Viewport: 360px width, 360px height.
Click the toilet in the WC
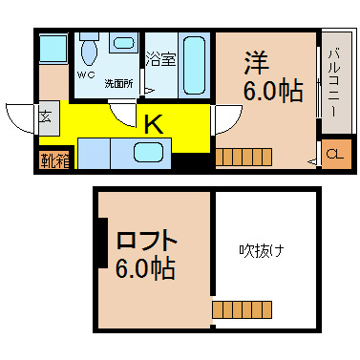coord(89,50)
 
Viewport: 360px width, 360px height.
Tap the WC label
coord(86,75)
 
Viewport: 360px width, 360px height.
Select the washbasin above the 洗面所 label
coord(124,43)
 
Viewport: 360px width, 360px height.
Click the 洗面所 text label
coord(119,84)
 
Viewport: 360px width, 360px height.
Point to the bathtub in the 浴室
coord(195,65)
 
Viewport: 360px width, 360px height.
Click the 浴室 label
coord(160,59)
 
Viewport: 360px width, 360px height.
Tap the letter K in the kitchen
coord(154,124)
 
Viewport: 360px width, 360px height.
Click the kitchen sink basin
coord(149,152)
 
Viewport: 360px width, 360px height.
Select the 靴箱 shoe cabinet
coord(54,161)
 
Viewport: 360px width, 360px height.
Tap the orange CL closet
coord(336,155)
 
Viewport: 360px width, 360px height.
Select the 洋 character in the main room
coord(257,62)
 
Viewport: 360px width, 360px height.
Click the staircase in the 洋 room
coord(244,157)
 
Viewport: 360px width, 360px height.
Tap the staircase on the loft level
coord(242,309)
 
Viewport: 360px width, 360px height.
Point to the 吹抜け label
coord(261,251)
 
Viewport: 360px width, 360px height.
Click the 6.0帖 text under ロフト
coord(145,268)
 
